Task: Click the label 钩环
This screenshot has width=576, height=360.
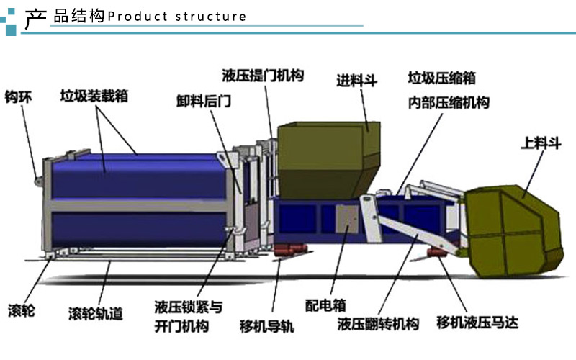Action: point(19,96)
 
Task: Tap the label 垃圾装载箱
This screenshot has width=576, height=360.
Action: point(94,96)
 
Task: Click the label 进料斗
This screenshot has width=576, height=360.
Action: point(357,80)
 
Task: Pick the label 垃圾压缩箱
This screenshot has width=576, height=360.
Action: point(441,78)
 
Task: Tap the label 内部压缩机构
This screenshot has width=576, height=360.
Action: point(447,102)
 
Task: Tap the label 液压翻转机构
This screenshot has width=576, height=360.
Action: point(378,324)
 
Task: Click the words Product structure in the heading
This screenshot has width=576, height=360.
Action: point(176,17)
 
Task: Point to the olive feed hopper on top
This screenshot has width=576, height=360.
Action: point(328,158)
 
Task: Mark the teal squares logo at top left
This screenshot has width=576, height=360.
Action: point(10,18)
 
